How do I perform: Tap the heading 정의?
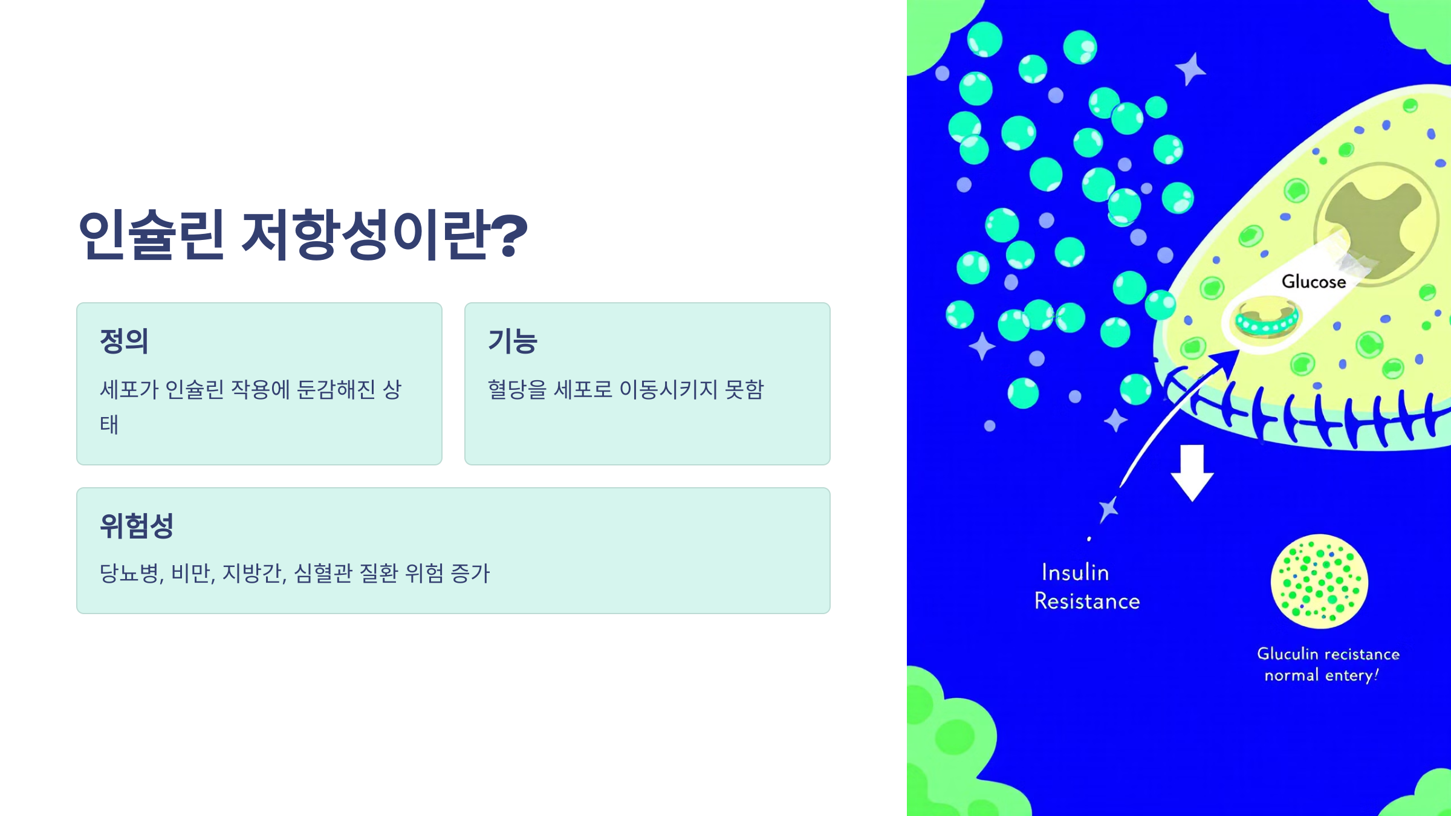124,341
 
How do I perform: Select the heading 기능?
513,341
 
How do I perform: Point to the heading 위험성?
137,526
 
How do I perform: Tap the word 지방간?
253,573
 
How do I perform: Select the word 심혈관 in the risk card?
323,573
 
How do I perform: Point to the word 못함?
745,389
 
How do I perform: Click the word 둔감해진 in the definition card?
337,389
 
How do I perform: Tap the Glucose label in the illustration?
1314,282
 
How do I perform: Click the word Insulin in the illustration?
1075,572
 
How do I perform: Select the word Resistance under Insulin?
1087,601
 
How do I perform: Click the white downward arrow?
1192,472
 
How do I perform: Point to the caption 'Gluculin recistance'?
1328,654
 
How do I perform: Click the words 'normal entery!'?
1321,675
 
